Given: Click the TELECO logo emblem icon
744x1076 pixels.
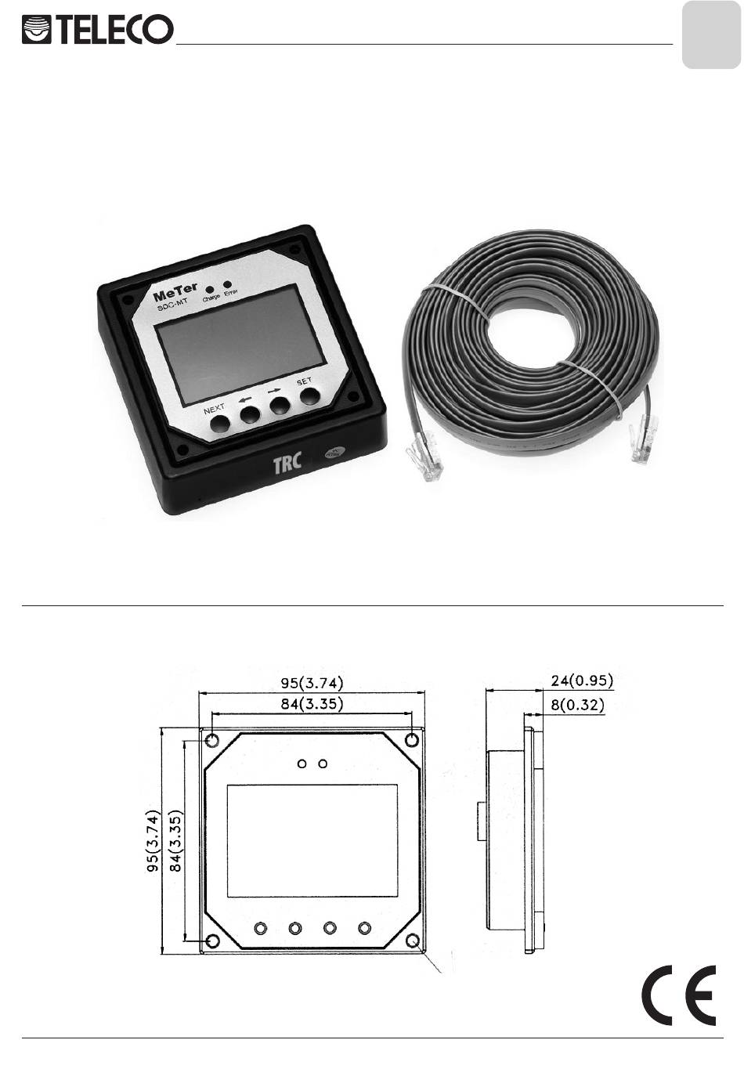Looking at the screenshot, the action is click(x=37, y=30).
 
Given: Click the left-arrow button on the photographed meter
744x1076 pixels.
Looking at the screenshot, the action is click(x=251, y=414).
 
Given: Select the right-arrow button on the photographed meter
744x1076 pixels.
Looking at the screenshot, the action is click(x=280, y=405).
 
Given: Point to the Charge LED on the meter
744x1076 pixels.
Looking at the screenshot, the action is click(x=210, y=290).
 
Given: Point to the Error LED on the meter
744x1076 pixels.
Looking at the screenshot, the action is click(x=228, y=284).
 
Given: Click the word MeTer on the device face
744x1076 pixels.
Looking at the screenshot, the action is click(x=175, y=292).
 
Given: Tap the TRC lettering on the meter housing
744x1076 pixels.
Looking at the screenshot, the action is click(x=287, y=462).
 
